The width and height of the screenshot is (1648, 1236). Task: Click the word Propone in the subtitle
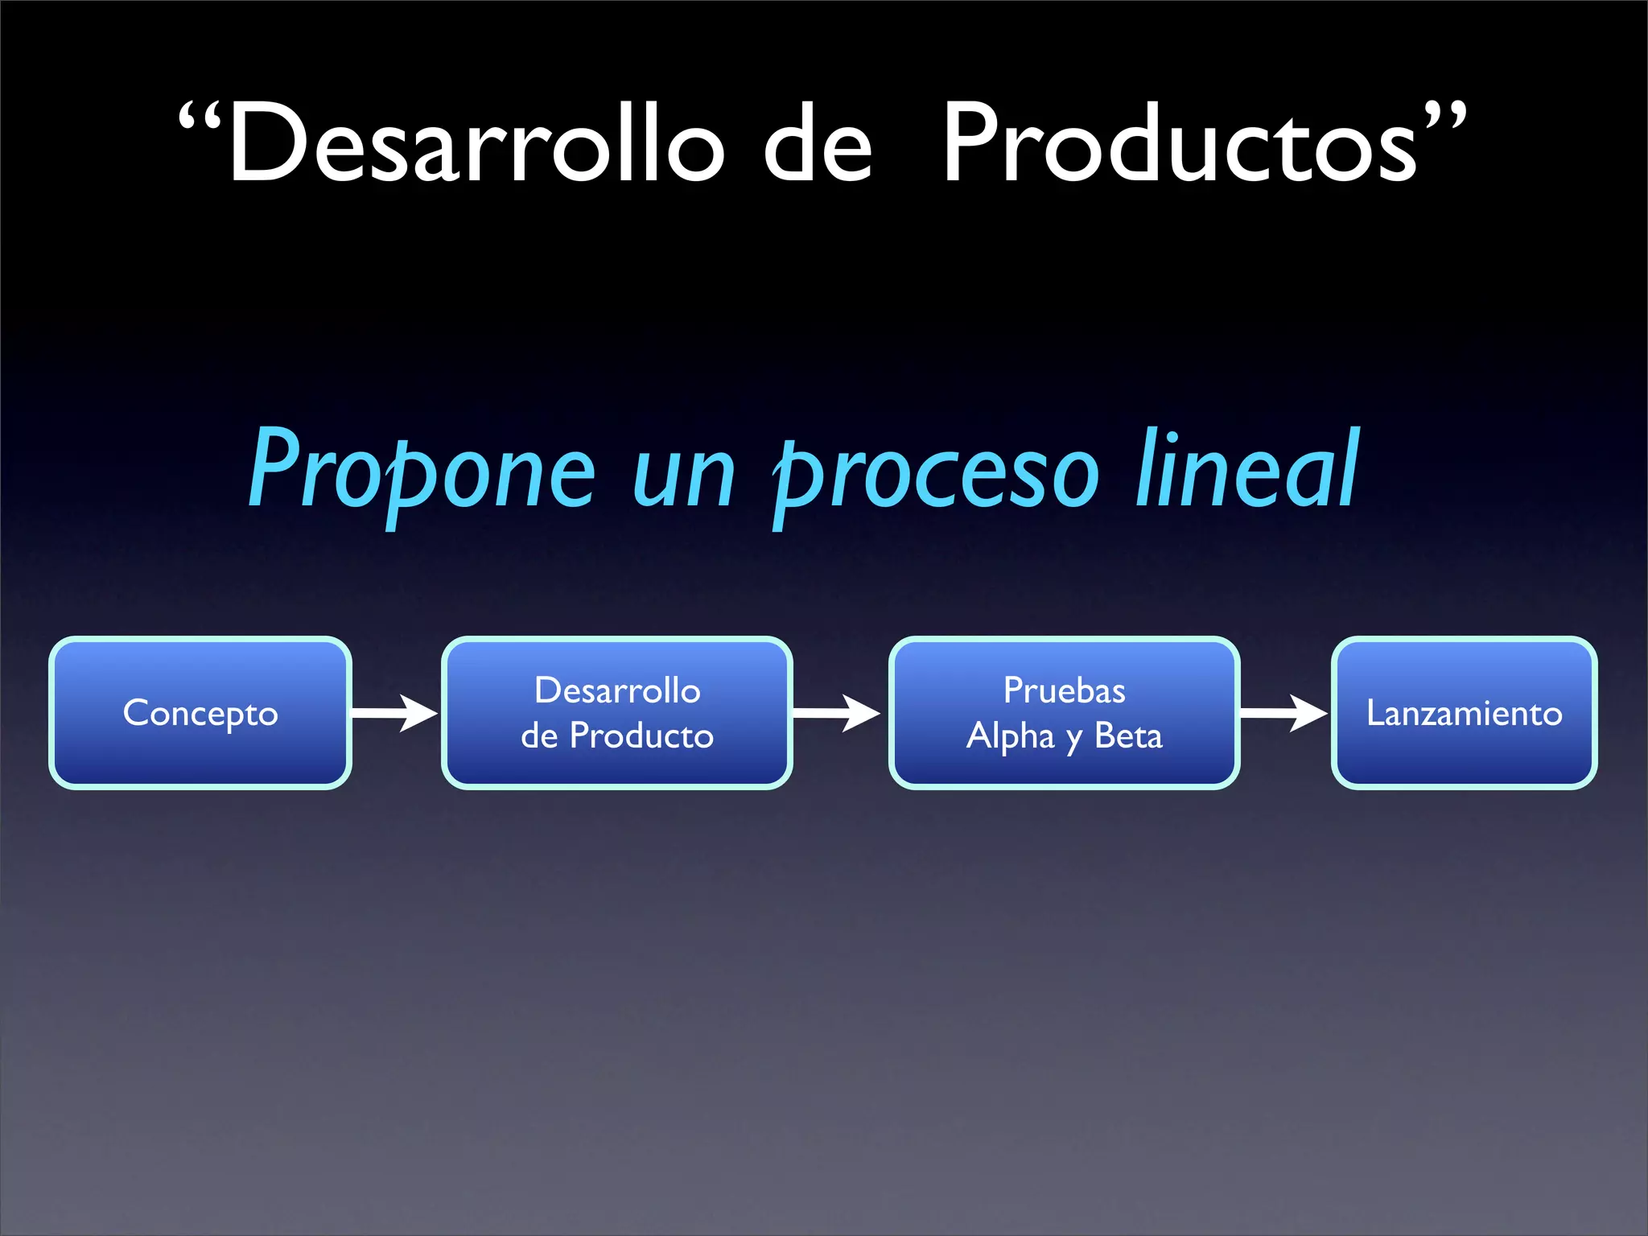pyautogui.click(x=422, y=471)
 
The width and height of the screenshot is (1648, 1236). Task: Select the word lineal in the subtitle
pyautogui.click(x=1247, y=471)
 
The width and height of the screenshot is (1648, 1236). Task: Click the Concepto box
pyautogui.click(x=200, y=713)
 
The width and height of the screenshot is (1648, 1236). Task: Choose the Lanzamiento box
pyautogui.click(x=1464, y=713)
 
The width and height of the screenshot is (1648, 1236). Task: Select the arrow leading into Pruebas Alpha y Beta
pyautogui.click(x=837, y=713)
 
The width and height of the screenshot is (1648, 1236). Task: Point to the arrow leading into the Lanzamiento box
pyautogui.click(x=1284, y=713)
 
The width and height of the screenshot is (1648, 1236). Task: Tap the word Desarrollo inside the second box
pyautogui.click(x=617, y=690)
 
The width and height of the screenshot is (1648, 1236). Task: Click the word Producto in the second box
pyautogui.click(x=641, y=735)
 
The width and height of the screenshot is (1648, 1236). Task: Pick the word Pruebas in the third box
pyautogui.click(x=1064, y=690)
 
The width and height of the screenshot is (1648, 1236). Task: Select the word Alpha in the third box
pyautogui.click(x=1010, y=736)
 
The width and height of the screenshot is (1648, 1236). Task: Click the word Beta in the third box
pyautogui.click(x=1128, y=735)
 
